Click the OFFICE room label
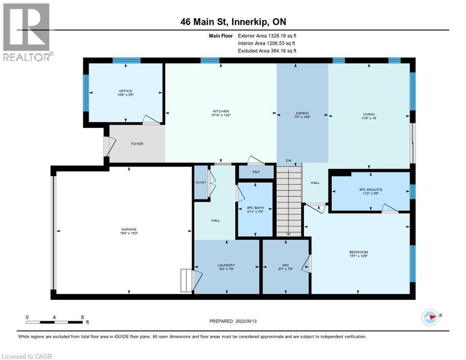click(125, 91)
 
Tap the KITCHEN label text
click(220, 111)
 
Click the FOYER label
click(137, 143)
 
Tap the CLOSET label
click(201, 182)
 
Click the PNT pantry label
click(256, 172)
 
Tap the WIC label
click(286, 265)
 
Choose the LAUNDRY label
click(226, 265)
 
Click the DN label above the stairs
click(289, 161)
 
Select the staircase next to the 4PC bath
click(288, 202)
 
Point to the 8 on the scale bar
click(83, 317)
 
